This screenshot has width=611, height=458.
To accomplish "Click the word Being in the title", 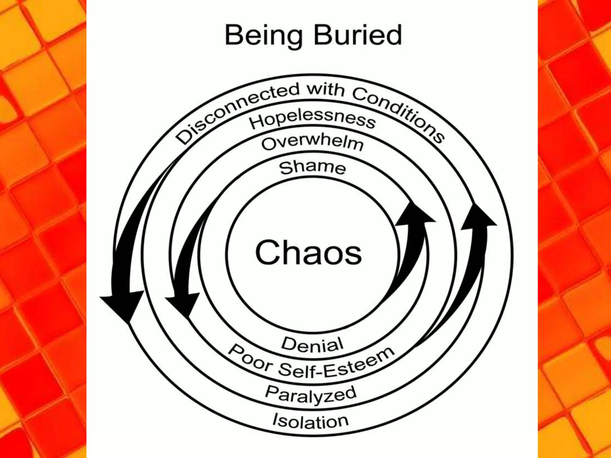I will coord(263,36).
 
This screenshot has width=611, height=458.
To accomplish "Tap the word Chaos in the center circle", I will coord(308,253).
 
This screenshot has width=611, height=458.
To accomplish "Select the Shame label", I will coord(312,168).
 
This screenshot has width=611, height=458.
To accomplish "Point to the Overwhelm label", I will coord(312,143).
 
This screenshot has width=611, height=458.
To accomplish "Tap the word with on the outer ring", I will coord(326,89).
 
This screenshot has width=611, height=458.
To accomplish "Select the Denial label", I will coord(312,344).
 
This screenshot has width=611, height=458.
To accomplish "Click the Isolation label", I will coord(310,421).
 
